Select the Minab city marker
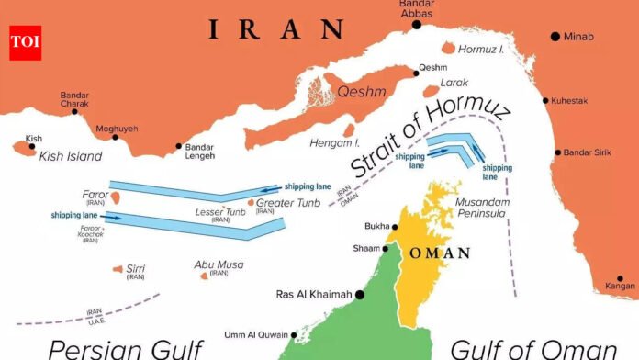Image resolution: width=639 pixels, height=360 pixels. click(x=555, y=36)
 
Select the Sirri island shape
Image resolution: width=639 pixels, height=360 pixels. click(x=118, y=268)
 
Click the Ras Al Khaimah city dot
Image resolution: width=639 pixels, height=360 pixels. click(x=360, y=295)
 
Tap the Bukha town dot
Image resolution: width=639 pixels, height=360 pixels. click(x=395, y=227)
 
